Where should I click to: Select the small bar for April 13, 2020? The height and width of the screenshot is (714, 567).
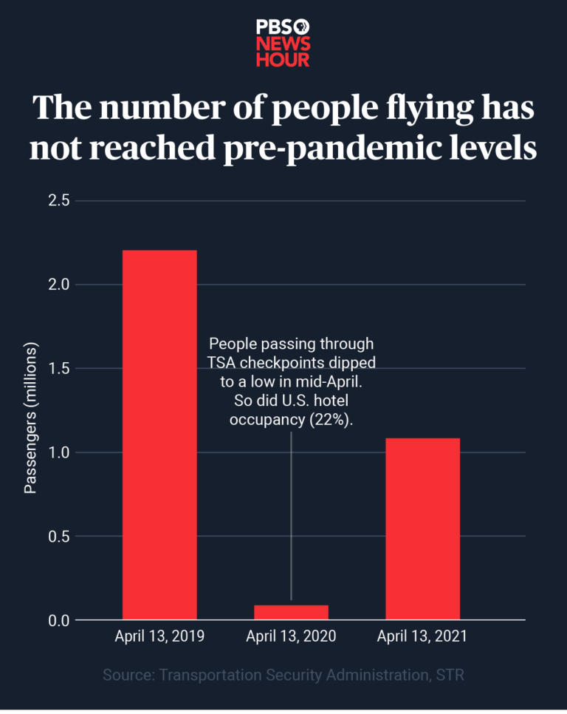coord(291,612)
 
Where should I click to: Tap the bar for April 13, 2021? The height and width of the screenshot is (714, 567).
coord(422,528)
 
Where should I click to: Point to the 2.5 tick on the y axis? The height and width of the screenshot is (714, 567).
coord(60,200)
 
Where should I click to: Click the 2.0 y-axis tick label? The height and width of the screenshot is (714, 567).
coord(60,285)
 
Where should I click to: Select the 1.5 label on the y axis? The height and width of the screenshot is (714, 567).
coord(60,368)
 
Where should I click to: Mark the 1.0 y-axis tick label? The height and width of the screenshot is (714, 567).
coord(60,452)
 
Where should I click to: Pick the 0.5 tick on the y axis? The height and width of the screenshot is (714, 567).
coord(60,536)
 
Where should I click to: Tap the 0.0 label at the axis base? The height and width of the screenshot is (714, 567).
coord(60,620)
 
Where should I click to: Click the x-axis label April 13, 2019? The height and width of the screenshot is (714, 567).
coord(159,636)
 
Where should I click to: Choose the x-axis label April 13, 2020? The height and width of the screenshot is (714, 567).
coord(291,636)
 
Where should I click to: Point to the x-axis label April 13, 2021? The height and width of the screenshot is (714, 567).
coord(422,636)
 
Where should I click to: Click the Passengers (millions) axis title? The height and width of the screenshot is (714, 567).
coord(30,418)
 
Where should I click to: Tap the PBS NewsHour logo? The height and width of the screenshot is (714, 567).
coord(283,43)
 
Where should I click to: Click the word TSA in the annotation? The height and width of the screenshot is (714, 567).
coord(221,363)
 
